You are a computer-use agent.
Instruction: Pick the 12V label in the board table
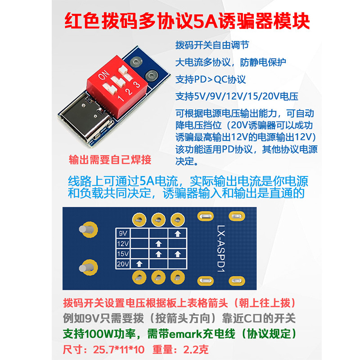click(123, 243)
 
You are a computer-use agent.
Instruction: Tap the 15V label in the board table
click(123, 254)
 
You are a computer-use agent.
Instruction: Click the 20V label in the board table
click(123, 264)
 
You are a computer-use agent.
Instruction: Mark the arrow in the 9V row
click(178, 234)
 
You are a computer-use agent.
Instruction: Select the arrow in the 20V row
click(139, 264)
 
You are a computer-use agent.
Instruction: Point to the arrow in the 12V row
click(158, 243)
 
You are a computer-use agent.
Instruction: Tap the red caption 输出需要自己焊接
click(110, 160)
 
